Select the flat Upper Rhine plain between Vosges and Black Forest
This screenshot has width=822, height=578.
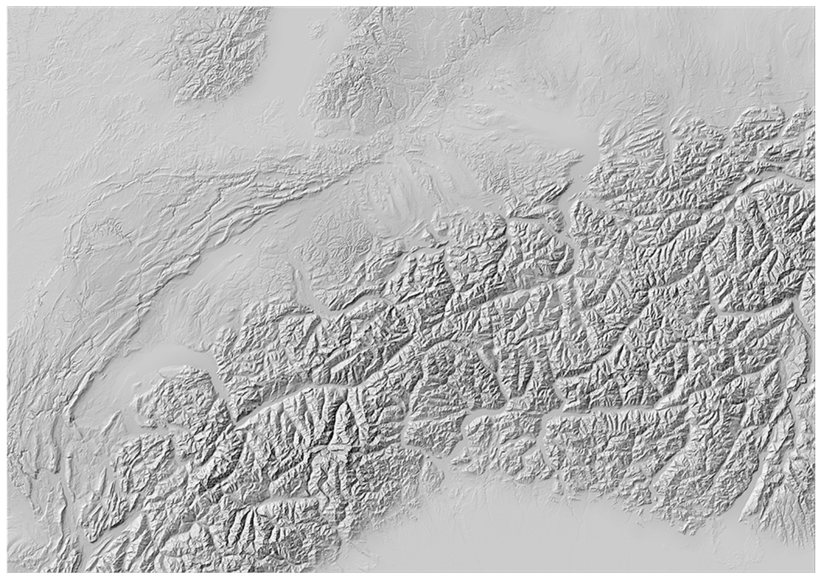286,72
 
